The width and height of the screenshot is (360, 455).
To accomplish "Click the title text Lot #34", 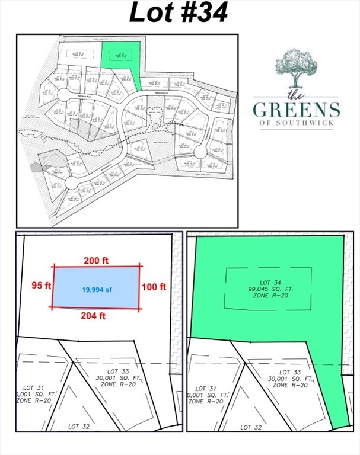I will [179, 13].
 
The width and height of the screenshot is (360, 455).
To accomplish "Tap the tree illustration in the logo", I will [296, 68].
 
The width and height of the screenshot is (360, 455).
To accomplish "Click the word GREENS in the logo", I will [296, 110].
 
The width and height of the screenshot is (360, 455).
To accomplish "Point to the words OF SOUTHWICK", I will [296, 124].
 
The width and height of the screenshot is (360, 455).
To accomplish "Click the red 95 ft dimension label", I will [39, 286].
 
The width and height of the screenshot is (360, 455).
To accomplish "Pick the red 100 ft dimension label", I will [153, 287].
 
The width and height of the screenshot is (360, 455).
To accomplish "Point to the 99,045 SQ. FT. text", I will [268, 288].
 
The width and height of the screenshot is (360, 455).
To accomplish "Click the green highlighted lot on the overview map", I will [123, 56].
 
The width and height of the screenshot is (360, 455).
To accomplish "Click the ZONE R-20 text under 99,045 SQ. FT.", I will [268, 295].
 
